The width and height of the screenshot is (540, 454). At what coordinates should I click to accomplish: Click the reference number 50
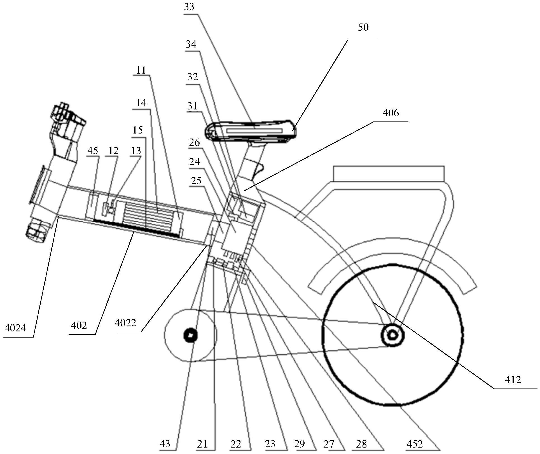point(363,27)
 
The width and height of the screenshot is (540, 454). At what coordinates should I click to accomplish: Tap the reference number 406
point(391,113)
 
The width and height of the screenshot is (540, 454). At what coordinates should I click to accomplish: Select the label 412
point(513,380)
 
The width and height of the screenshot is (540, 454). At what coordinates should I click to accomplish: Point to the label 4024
point(15,328)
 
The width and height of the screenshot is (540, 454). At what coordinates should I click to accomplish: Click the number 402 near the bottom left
point(79,326)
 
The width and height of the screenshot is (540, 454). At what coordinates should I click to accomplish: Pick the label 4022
point(125,323)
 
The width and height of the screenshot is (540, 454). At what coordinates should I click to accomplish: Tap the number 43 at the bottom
point(165,444)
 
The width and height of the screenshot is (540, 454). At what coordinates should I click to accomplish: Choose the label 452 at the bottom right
point(415,444)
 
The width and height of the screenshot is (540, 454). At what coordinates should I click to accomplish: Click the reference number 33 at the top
point(189,7)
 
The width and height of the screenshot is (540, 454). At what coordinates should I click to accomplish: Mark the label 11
point(141,70)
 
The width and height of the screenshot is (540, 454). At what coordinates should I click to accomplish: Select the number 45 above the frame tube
point(93,151)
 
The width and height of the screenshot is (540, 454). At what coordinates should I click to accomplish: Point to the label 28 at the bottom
point(361,444)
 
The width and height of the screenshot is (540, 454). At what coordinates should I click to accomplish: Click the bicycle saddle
point(251,131)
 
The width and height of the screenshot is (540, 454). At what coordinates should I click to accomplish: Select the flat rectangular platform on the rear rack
point(389,174)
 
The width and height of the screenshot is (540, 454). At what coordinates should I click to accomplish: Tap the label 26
point(194,143)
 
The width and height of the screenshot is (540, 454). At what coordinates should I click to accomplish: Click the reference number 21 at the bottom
point(202,444)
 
